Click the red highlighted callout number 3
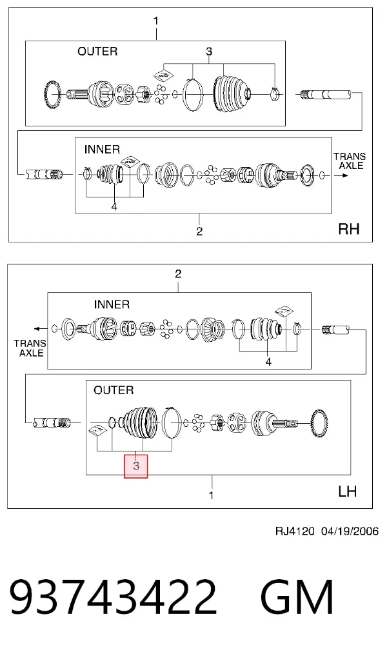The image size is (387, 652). pyautogui.click(x=136, y=466)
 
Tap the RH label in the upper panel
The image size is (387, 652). pyautogui.click(x=349, y=229)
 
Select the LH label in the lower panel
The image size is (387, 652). pyautogui.click(x=347, y=491)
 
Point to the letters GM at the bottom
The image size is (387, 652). pyautogui.click(x=297, y=597)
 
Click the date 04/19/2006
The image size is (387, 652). pyautogui.click(x=350, y=531)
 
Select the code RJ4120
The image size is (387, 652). pyautogui.click(x=295, y=531)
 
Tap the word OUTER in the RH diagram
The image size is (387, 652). pyautogui.click(x=97, y=52)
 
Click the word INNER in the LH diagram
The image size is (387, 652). pyautogui.click(x=112, y=304)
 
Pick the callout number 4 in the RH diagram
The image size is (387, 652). pyautogui.click(x=114, y=206)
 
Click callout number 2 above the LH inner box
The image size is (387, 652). pyautogui.click(x=178, y=273)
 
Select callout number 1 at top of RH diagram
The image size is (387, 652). pyautogui.click(x=156, y=21)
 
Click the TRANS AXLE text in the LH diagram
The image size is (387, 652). pyautogui.click(x=30, y=348)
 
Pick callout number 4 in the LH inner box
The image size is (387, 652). pyautogui.click(x=268, y=362)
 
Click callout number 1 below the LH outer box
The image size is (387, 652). pyautogui.click(x=211, y=495)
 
